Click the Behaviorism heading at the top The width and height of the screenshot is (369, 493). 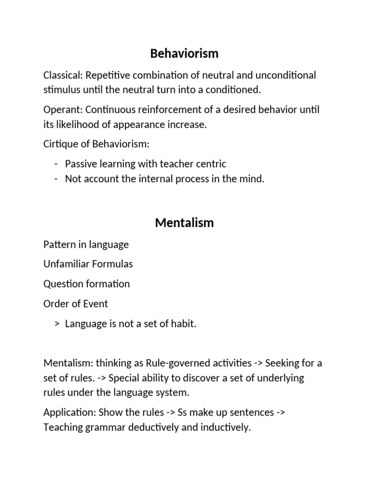pyautogui.click(x=184, y=53)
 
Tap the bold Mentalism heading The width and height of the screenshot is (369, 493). pyautogui.click(x=184, y=223)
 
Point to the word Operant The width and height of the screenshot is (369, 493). pyautogui.click(x=61, y=110)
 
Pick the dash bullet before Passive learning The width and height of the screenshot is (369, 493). pyautogui.click(x=57, y=164)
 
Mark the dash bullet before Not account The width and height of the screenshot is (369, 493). pyautogui.click(x=57, y=179)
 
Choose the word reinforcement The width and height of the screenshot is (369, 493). pyautogui.click(x=170, y=110)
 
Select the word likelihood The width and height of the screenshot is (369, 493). pyautogui.click(x=74, y=124)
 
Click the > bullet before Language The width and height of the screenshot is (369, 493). pyautogui.click(x=57, y=324)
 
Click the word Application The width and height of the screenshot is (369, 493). pyautogui.click(x=68, y=413)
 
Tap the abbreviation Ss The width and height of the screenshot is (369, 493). pyautogui.click(x=183, y=413)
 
